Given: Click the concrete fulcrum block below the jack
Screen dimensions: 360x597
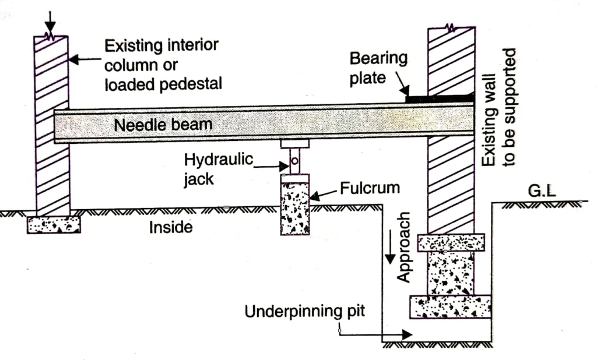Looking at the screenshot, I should (x=294, y=206).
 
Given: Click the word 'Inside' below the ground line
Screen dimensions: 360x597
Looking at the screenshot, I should (x=171, y=227).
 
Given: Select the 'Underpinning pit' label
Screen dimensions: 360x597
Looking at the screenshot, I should (x=304, y=311).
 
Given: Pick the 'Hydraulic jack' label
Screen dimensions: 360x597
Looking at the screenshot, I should (x=219, y=168).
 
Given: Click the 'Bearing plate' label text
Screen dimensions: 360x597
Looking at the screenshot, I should (x=378, y=67).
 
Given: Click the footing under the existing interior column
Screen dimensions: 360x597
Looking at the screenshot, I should (x=54, y=224).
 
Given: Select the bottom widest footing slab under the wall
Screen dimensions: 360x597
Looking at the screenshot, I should (x=450, y=306).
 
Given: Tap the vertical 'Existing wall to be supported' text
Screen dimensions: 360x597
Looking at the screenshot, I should (x=502, y=108).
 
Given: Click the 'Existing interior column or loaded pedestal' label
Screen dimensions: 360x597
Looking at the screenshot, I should (x=163, y=65).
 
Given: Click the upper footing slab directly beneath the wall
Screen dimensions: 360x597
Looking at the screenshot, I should (x=451, y=242).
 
